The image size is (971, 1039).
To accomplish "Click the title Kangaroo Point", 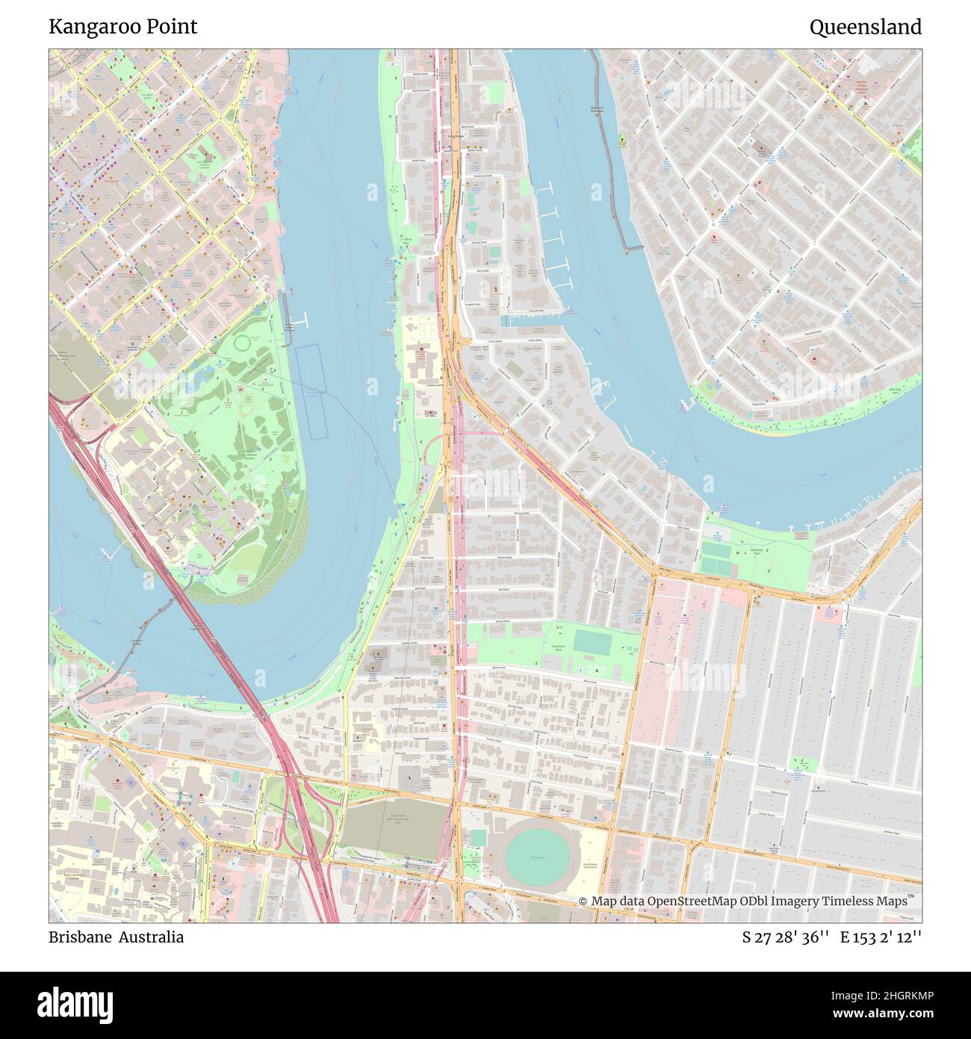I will [123, 27].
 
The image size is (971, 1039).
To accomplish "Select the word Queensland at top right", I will [865, 28].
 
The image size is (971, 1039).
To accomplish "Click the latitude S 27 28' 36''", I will [786, 937].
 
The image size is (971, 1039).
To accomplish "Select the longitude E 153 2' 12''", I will [881, 937].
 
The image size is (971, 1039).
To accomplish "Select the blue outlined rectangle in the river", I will [311, 392].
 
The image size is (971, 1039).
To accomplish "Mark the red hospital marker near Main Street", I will [420, 349].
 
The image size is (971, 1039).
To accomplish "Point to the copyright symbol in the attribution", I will [583, 901].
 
